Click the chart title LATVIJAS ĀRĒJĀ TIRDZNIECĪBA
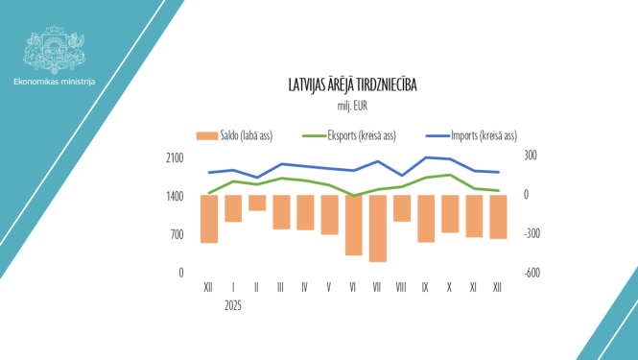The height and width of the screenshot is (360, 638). (x=353, y=86)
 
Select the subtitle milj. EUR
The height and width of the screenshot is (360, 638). (x=353, y=105)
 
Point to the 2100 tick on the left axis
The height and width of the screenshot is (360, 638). (x=174, y=157)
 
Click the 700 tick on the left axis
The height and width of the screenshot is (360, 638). (x=176, y=234)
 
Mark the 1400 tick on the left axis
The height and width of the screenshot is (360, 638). (x=174, y=196)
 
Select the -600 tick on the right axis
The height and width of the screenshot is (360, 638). (x=532, y=273)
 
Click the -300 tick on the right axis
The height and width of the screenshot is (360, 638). (x=532, y=233)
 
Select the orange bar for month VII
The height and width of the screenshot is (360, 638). (x=377, y=228)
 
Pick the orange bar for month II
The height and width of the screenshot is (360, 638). (x=257, y=203)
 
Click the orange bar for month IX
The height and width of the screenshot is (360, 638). (x=425, y=218)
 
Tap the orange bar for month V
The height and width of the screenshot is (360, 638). (x=329, y=214)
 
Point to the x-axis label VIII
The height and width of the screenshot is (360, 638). (x=401, y=287)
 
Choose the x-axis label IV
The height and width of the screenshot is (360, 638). (x=305, y=287)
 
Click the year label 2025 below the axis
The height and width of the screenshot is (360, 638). (x=233, y=305)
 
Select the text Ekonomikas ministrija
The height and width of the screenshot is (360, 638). (x=55, y=82)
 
